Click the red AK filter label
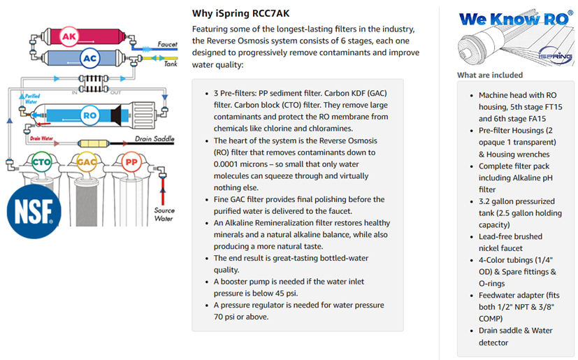[69, 36]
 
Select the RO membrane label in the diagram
[89, 115]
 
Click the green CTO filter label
[41, 163]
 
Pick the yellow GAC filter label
[87, 163]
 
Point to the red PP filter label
[130, 163]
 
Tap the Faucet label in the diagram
[168, 45]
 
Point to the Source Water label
[164, 214]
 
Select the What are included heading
[489, 75]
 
